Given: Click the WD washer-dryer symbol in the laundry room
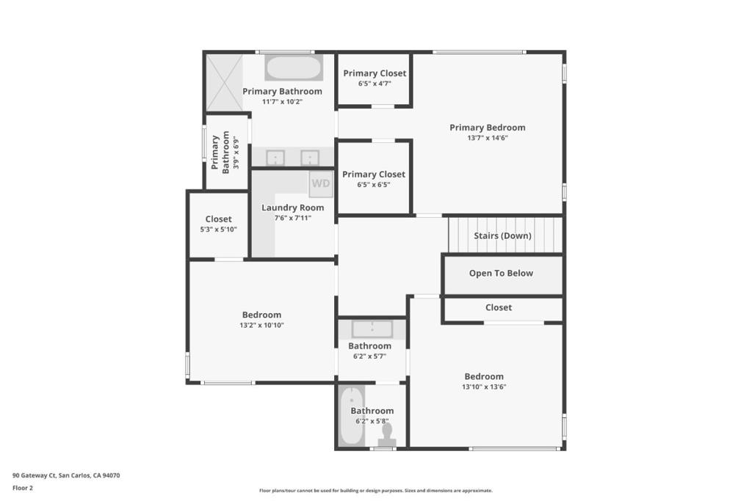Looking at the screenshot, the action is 321,184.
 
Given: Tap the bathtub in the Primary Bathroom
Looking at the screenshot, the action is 294,68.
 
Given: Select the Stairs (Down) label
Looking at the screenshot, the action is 502,235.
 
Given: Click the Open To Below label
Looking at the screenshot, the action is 501,273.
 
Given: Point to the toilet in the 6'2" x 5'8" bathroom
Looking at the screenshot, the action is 387,435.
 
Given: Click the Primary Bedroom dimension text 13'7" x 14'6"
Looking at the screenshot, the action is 488,138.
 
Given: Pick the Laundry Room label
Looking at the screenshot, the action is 292,208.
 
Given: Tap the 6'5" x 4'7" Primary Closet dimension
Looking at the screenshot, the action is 375,84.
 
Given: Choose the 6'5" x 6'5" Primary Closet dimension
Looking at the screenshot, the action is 374,184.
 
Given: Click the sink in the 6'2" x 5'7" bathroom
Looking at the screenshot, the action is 372,329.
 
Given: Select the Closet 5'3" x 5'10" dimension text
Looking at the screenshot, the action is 218,230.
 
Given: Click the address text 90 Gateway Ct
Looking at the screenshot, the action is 34,475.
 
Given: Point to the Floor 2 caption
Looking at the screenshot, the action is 23,488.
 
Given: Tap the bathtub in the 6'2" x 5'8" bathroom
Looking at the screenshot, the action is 352,416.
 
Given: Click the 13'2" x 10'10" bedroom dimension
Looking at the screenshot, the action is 261,325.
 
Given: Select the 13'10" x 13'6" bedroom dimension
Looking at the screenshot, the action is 484,387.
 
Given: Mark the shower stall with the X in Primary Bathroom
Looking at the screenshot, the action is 225,83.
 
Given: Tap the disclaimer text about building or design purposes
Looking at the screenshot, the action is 376,491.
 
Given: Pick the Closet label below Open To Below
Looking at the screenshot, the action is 499,307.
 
